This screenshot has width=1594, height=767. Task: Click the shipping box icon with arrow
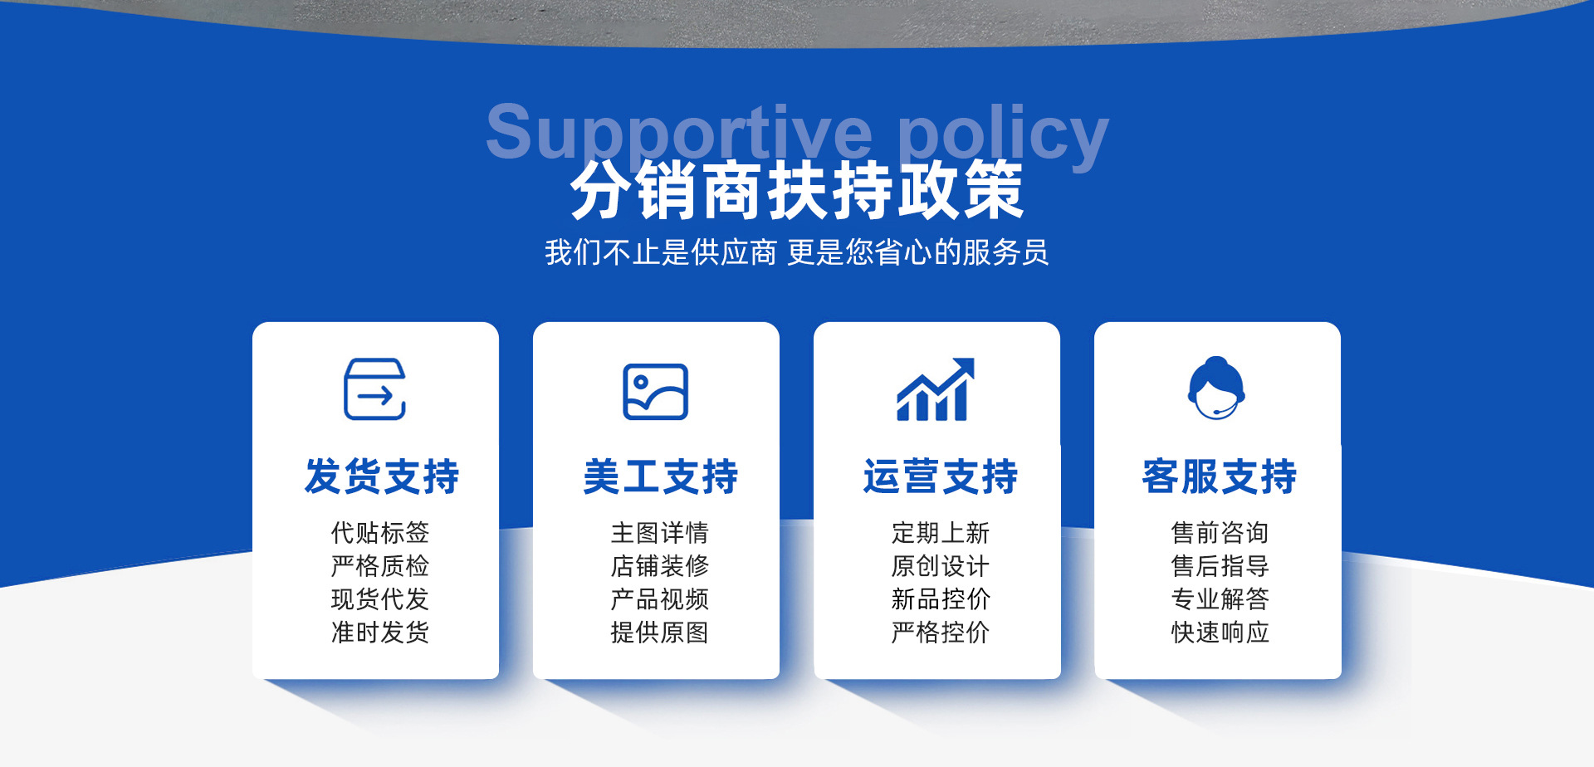tap(375, 388)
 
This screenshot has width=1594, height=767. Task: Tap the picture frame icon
tap(656, 391)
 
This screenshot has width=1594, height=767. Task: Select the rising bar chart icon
tap(936, 388)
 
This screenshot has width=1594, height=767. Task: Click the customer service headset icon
tap(1216, 388)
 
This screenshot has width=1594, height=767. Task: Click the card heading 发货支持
tap(382, 476)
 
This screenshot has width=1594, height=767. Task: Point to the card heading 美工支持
tap(661, 476)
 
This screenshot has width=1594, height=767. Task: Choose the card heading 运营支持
tap(941, 476)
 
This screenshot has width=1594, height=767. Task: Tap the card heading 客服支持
tap(1220, 476)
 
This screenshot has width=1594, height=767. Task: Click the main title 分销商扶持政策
tap(797, 190)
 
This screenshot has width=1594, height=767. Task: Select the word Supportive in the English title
tap(679, 133)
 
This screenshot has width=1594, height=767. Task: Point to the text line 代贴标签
tap(380, 532)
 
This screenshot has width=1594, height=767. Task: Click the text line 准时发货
tap(380, 633)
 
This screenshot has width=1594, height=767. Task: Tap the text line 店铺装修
tap(660, 566)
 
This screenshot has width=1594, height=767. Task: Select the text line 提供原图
tap(660, 633)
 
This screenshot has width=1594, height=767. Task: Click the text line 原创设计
tap(941, 566)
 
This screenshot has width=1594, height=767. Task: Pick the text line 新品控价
tap(941, 599)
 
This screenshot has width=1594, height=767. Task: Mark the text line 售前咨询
tap(1220, 532)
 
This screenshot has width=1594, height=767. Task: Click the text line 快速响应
tap(1220, 633)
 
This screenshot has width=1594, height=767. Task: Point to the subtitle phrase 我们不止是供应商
tap(661, 252)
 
